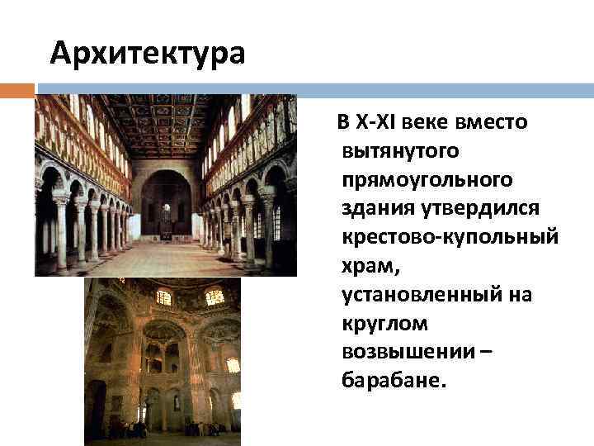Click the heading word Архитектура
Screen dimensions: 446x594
(x=148, y=54)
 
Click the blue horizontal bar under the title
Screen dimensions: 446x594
(x=313, y=89)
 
